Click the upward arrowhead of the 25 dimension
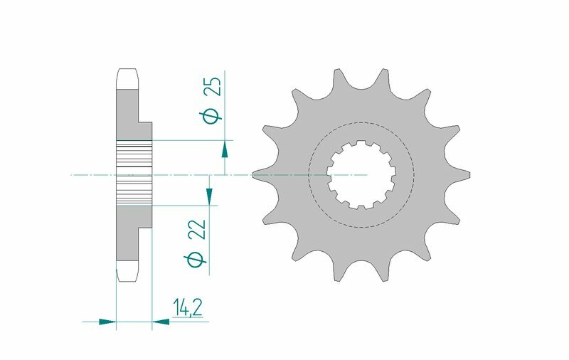click(x=225, y=149)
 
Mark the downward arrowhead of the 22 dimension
click(x=210, y=195)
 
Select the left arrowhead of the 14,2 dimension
click(x=107, y=322)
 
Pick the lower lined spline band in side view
click(x=133, y=190)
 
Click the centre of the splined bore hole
click(x=361, y=174)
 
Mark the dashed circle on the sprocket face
click(x=361, y=122)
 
